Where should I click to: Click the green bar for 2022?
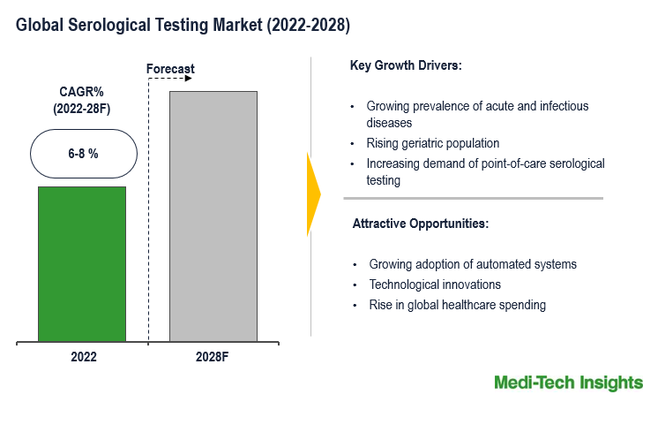(x=82, y=263)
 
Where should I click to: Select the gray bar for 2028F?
(x=213, y=216)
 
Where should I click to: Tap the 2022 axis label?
(x=83, y=357)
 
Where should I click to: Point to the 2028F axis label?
(x=213, y=357)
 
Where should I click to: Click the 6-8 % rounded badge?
(x=84, y=154)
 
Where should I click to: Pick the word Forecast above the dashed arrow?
(x=170, y=68)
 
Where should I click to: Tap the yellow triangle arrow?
(x=312, y=194)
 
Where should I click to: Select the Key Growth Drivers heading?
(x=406, y=65)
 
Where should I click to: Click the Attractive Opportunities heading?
(x=420, y=224)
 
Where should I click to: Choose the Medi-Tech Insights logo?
(x=568, y=383)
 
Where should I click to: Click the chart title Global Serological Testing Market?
(x=183, y=27)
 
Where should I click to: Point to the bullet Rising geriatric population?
(x=433, y=143)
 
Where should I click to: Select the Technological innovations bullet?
(x=435, y=285)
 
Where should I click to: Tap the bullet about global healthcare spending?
(x=457, y=305)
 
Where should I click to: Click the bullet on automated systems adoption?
(x=473, y=264)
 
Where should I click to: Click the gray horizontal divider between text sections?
(x=477, y=198)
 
